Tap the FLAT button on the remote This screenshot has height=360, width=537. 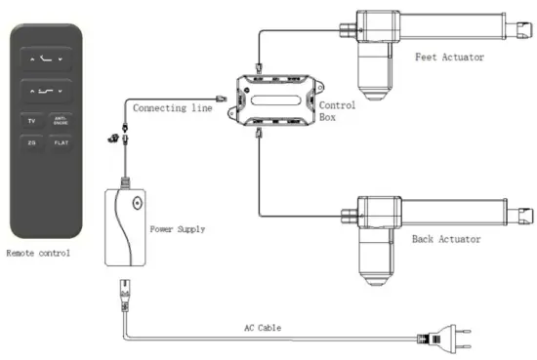[x=62, y=143]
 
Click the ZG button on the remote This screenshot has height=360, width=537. [x=31, y=143]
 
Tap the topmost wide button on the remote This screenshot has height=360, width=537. [x=46, y=59]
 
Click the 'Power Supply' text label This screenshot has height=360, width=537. [x=178, y=230]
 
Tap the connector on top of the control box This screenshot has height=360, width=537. [x=259, y=69]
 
